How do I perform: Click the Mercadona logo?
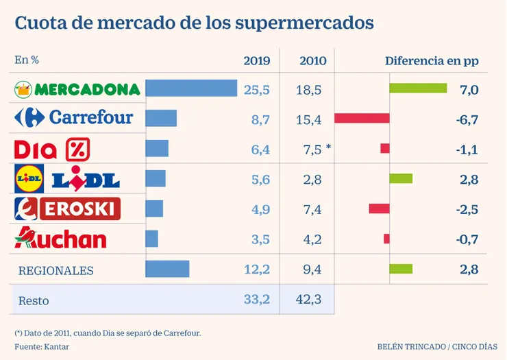pyautogui.click(x=77, y=89)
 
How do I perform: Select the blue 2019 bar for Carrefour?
pyautogui.click(x=162, y=119)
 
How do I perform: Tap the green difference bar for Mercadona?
pyautogui.click(x=418, y=88)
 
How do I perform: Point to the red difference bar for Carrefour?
pyautogui.click(x=362, y=119)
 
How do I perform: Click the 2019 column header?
pyautogui.click(x=257, y=60)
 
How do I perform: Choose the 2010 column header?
pyautogui.click(x=312, y=60)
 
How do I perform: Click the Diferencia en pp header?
pyautogui.click(x=431, y=60)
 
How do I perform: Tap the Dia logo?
pyautogui.click(x=52, y=149)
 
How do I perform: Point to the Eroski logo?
pyautogui.click(x=68, y=208)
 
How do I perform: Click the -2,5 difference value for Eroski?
pyautogui.click(x=468, y=209)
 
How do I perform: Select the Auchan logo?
pyautogui.click(x=60, y=239)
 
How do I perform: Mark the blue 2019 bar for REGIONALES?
pyautogui.click(x=168, y=269)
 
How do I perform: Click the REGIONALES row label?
pyautogui.click(x=55, y=270)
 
